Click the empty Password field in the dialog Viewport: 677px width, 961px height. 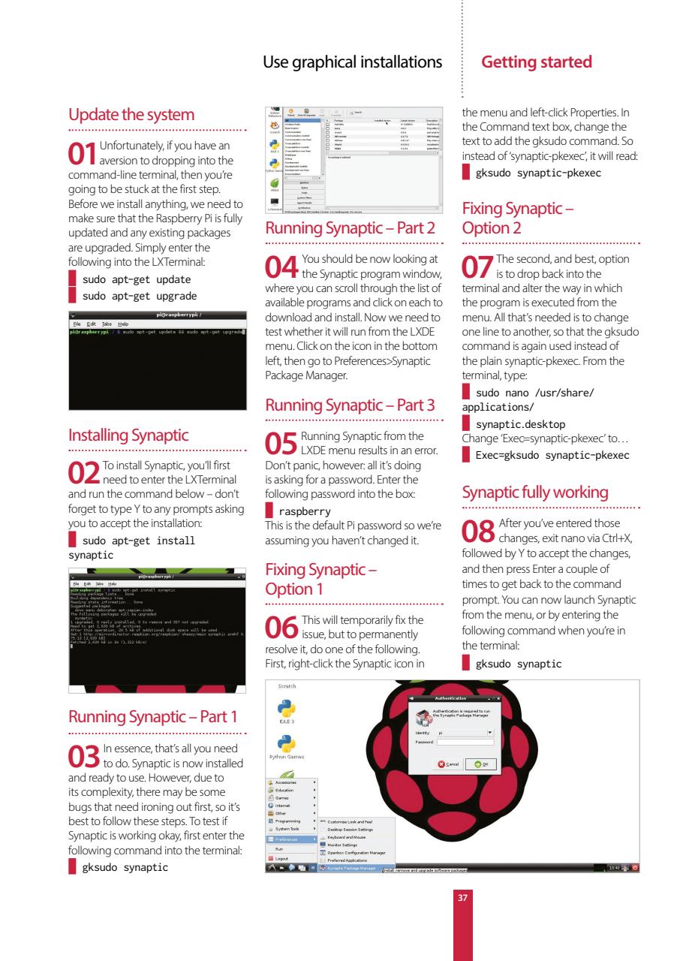(x=465, y=741)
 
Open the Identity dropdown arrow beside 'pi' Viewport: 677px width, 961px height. (x=490, y=731)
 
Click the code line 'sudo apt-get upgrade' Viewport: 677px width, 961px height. (x=135, y=295)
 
